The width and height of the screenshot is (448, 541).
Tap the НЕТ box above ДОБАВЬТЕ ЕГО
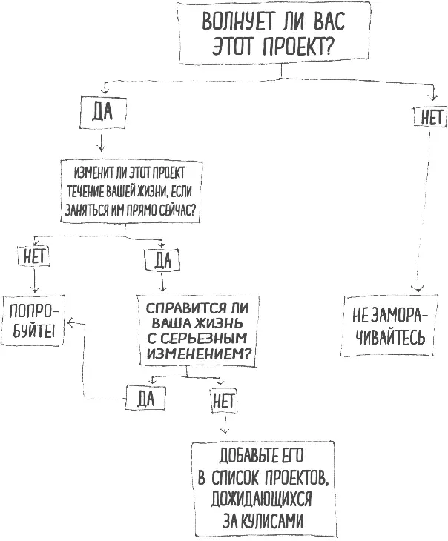tap(223, 401)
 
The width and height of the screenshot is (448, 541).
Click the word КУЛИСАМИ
tap(271, 518)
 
